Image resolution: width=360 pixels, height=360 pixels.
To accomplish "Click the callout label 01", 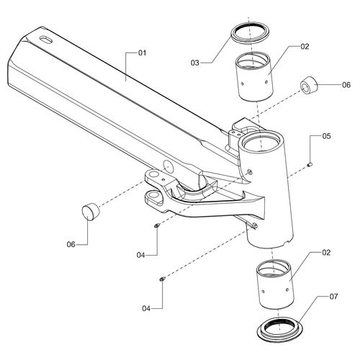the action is point(142,53).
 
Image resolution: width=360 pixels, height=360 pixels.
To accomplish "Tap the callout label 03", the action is point(195,63).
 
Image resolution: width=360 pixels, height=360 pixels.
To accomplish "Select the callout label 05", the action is point(326,136).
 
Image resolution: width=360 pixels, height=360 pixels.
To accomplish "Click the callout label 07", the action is point(333,297).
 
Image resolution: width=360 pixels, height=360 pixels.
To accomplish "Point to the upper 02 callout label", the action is point(305,46).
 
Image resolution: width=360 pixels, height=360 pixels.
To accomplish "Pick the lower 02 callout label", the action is point(326,253).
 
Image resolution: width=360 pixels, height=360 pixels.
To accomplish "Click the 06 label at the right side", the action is point(346,85).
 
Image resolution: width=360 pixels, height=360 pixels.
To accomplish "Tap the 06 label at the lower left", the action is point(71,245).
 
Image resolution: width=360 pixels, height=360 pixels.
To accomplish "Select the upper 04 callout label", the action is point(141,255).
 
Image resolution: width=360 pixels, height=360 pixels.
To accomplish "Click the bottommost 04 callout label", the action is point(146,308).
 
